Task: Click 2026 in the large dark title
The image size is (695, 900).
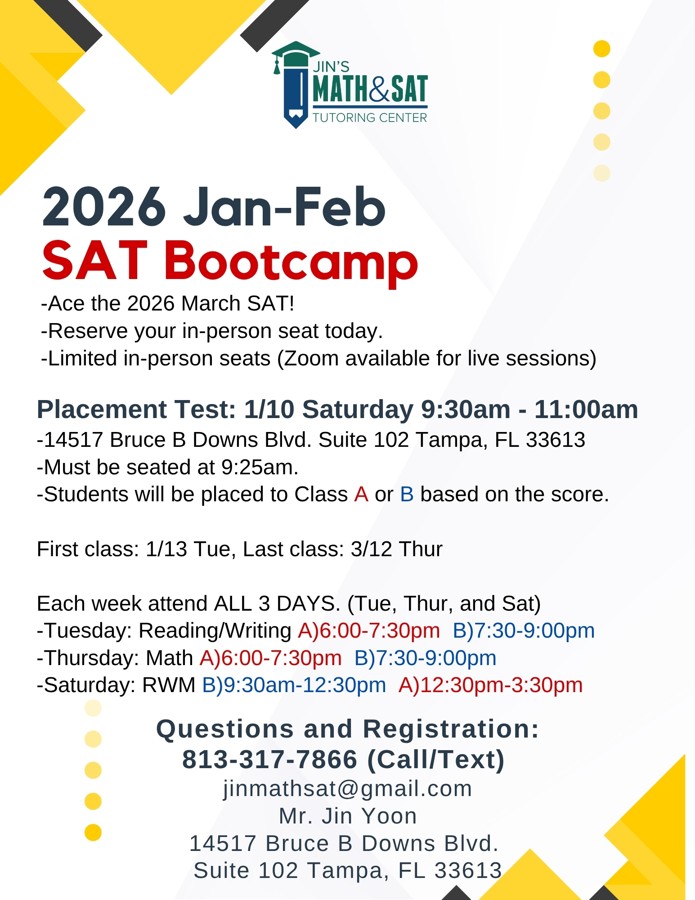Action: [x=104, y=207]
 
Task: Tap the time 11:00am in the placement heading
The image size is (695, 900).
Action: [x=586, y=409]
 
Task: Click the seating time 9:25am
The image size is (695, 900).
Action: [x=257, y=468]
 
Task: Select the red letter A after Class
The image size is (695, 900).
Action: [x=361, y=495]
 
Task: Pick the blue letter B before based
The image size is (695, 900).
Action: [x=407, y=495]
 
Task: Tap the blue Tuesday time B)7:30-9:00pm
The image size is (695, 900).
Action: [x=524, y=631]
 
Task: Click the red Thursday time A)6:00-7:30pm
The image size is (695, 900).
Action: [x=271, y=658]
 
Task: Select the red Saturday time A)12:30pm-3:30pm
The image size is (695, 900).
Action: [x=491, y=685]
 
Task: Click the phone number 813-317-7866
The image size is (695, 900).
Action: [x=269, y=760]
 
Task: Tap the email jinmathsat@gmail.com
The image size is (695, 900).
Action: [x=347, y=789]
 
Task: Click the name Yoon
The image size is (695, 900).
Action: [x=389, y=816]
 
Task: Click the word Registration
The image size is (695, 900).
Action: [x=451, y=729]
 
